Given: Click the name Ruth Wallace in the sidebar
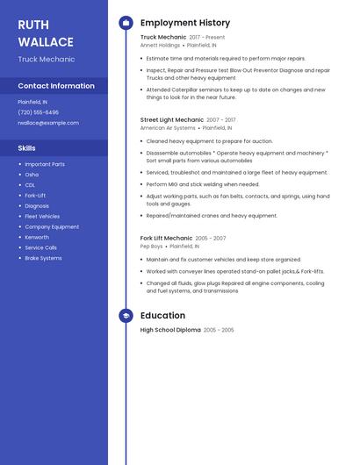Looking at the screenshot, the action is point(46,32).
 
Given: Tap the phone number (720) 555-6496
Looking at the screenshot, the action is point(39,112).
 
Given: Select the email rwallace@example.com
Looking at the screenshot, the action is point(48,123).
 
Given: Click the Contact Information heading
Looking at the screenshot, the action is point(56,86).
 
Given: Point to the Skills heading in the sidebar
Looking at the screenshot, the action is point(27,148).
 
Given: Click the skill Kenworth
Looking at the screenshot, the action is point(37,237).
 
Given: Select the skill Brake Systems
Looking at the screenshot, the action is point(43,258).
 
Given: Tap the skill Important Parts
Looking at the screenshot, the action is point(45,164).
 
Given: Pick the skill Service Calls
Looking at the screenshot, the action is point(41,247).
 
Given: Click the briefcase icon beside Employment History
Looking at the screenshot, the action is point(126,23).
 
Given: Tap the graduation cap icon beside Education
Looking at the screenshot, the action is point(126,316).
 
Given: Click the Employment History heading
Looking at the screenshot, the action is point(185,23).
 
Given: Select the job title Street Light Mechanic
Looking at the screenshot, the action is point(172,119).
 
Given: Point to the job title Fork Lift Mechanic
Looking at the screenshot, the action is point(166,238).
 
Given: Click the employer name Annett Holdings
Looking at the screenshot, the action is point(160,45).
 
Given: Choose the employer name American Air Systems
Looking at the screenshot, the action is point(168,127).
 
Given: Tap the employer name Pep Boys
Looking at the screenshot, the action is point(152,247).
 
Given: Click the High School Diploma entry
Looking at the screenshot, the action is point(170,330).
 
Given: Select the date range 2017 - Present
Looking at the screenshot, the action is point(207,38).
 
